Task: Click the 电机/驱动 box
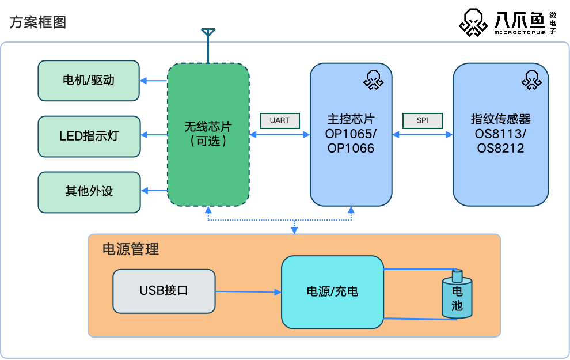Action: point(89,81)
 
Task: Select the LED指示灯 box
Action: point(89,136)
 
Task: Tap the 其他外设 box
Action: point(89,192)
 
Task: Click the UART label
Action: point(280,120)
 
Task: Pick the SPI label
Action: point(422,120)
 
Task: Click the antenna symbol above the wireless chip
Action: point(208,35)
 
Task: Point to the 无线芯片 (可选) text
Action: point(208,134)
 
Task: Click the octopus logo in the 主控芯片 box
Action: point(373,80)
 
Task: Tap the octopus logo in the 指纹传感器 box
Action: point(531,80)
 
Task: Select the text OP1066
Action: point(351,149)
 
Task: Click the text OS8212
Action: point(500,149)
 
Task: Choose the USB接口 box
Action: point(164,291)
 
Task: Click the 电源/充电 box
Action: point(332,292)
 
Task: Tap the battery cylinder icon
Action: point(457,297)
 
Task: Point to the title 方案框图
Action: point(37,22)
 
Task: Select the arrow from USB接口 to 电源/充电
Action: point(248,292)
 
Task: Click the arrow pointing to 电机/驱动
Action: point(153,81)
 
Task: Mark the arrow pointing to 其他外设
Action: point(153,191)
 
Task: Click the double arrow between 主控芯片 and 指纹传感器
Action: point(422,135)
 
